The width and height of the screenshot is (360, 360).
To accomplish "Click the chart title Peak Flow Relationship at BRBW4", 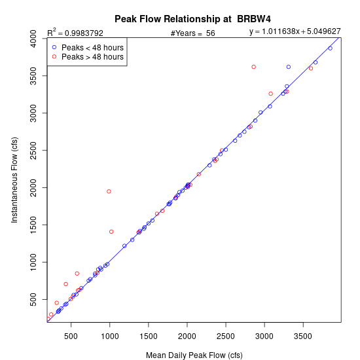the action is pyautogui.click(x=192, y=19).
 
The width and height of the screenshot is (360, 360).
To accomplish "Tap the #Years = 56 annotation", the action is pyautogui.click(x=193, y=33).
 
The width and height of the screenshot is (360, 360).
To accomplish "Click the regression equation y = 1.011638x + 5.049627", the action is pyautogui.click(x=295, y=31).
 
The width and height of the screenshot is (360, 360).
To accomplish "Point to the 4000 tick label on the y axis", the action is pyautogui.click(x=33, y=39).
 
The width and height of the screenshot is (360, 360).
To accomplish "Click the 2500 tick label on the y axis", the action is pyautogui.click(x=33, y=151).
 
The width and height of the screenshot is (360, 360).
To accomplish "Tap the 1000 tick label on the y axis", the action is pyautogui.click(x=33, y=262).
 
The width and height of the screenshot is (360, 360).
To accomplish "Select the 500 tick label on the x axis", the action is pyautogui.click(x=71, y=336).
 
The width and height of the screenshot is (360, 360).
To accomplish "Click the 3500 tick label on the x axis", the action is pyautogui.click(x=303, y=336).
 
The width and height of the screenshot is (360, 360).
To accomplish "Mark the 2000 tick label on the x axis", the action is pyautogui.click(x=187, y=336).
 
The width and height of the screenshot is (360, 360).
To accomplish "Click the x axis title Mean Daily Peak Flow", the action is pyautogui.click(x=194, y=355).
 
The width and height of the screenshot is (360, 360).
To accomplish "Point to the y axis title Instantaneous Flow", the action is pyautogui.click(x=14, y=180).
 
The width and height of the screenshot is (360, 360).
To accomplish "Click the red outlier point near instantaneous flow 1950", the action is pyautogui.click(x=109, y=192).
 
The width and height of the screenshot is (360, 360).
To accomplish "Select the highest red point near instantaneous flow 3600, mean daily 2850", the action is pyautogui.click(x=254, y=67).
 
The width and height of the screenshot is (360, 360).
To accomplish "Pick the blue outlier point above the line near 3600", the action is pyautogui.click(x=289, y=67).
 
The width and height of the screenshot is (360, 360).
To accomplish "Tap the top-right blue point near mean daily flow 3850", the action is pyautogui.click(x=331, y=48).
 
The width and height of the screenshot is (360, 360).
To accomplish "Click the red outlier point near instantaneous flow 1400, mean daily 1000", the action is pyautogui.click(x=111, y=232).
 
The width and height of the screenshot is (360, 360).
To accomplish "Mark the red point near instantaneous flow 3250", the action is pyautogui.click(x=271, y=94).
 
